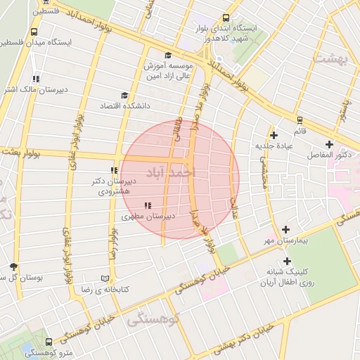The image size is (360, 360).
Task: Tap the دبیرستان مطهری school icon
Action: (x=146, y=205)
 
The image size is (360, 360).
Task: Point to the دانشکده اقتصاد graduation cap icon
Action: (x=124, y=95)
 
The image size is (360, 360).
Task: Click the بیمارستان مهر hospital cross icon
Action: (x=285, y=229)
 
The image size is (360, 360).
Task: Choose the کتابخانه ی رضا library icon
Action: (x=105, y=278)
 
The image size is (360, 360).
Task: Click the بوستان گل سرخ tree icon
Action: (x=14, y=266)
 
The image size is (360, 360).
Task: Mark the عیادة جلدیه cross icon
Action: (x=274, y=134)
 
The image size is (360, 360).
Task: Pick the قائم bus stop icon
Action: (x=300, y=120)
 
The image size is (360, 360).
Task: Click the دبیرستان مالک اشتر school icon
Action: (x=36, y=79)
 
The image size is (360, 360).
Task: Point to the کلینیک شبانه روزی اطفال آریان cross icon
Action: (x=287, y=261)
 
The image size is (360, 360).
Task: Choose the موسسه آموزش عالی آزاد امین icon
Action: (x=167, y=56)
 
